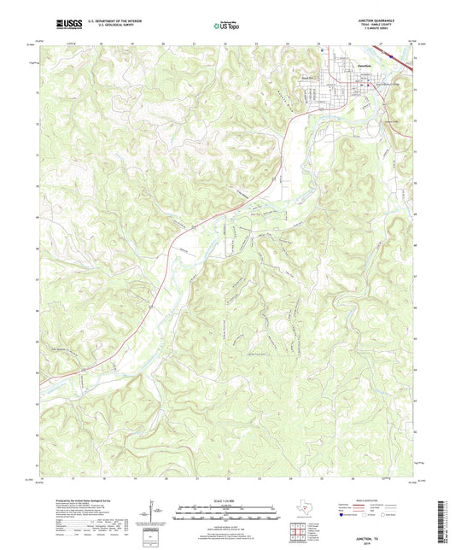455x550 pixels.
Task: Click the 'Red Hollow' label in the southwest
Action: pyautogui.click(x=57, y=348)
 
